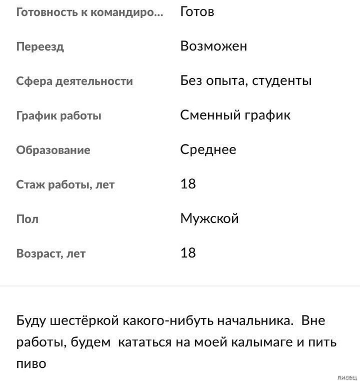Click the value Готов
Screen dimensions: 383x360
pos(197,12)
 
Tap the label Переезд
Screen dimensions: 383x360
pos(40,47)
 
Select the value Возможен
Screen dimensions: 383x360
pos(213,46)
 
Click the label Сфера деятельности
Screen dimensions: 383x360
pos(74,81)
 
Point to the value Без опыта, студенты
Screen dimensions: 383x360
pos(246,81)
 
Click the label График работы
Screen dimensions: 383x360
pos(58,116)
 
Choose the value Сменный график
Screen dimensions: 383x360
pos(235,115)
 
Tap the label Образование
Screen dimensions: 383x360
pos(53,150)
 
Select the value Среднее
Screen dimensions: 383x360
pos(208,150)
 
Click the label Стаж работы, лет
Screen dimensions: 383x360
pos(65,184)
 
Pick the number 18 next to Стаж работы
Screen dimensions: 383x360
pos(188,184)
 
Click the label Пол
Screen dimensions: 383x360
pos(27,219)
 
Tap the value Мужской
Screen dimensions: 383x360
pos(209,219)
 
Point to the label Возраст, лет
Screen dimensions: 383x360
pos(51,254)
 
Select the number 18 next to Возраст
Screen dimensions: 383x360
pos(188,253)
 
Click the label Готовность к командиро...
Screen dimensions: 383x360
pos(89,12)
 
